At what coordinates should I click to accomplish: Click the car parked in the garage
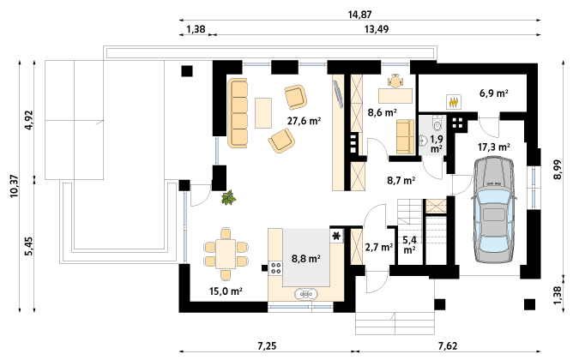click(494, 210)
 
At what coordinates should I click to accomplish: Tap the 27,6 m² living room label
click(304, 121)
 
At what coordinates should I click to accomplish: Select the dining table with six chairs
click(226, 254)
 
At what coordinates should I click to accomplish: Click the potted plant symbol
click(229, 197)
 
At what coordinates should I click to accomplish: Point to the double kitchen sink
click(306, 294)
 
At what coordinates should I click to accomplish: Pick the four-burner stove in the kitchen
click(275, 268)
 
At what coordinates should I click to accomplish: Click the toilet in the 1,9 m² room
click(437, 123)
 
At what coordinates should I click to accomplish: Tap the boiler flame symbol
click(454, 101)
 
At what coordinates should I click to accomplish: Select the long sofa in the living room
click(238, 113)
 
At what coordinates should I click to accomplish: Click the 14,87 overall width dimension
click(359, 15)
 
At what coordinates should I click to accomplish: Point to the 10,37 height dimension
click(14, 186)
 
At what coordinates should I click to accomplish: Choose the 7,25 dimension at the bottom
click(267, 345)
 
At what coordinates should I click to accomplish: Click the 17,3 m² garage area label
click(494, 147)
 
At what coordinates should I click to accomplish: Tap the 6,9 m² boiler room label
click(494, 93)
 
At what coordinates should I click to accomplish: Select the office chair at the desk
click(395, 81)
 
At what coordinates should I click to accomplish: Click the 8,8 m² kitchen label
click(306, 259)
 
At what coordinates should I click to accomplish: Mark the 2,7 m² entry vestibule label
click(379, 248)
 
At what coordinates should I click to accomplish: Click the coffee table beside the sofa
click(263, 113)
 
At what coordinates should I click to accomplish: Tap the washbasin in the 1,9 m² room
click(424, 141)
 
